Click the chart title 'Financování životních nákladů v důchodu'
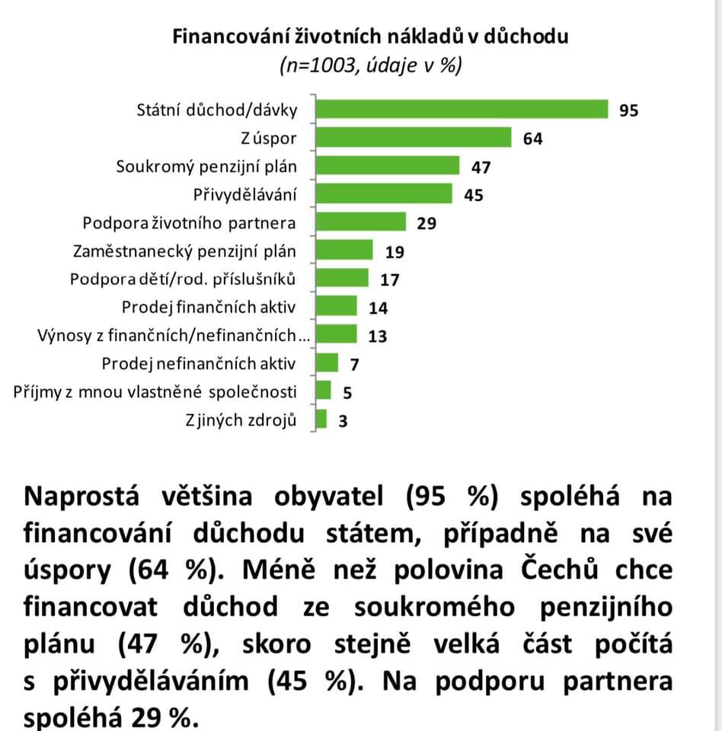[370, 37]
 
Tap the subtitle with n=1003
[371, 65]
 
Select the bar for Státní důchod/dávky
[462, 110]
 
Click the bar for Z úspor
[414, 138]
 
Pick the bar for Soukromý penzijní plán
[387, 165]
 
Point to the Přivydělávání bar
[384, 193]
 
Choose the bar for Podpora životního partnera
[360, 222]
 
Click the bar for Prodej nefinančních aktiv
[327, 362]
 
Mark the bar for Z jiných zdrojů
[321, 419]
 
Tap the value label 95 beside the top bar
[628, 110]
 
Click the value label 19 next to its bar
[394, 252]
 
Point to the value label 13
[377, 337]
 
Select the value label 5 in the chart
[347, 393]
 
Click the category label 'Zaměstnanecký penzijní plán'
[184, 251]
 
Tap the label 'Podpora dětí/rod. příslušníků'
[182, 279]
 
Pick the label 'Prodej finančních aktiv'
[209, 307]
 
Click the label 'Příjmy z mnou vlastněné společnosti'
[155, 391]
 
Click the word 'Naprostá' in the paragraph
[81, 496]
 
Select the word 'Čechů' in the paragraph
[559, 569]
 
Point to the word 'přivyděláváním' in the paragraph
[150, 682]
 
